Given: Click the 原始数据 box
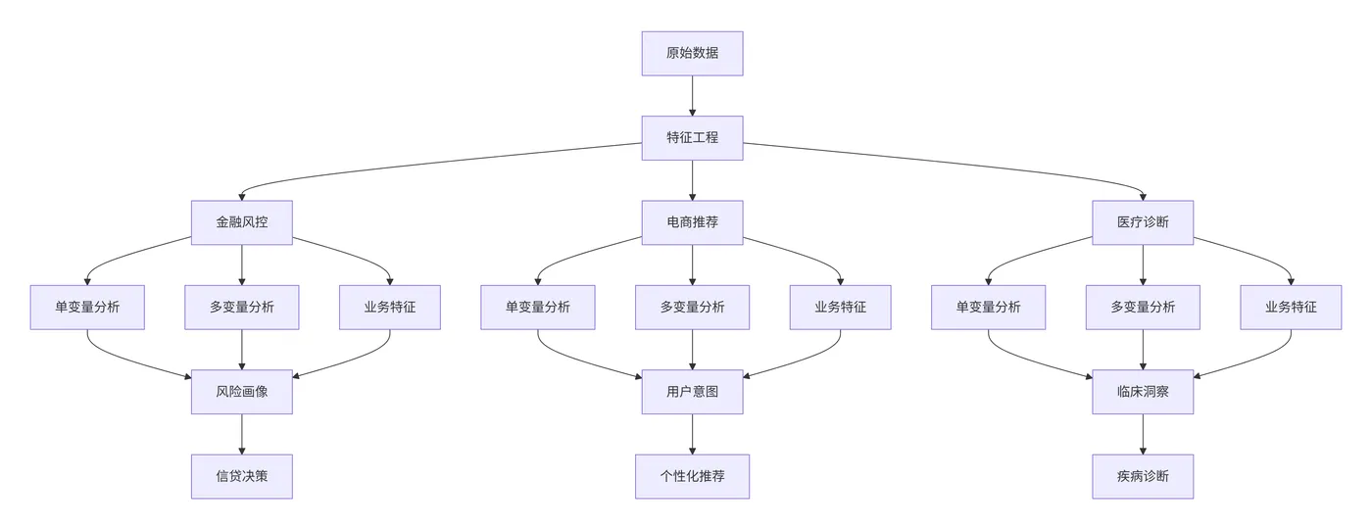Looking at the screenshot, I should tap(692, 53).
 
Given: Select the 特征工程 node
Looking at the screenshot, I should tap(692, 137).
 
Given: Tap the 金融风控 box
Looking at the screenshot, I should tap(241, 222).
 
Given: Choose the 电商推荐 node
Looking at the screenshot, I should tap(692, 222).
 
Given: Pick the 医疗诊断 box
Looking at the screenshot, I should tap(1143, 222).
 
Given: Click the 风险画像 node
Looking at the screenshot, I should tap(241, 392).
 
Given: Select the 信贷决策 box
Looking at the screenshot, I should tap(241, 476).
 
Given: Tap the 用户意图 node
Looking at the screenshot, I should tap(692, 392).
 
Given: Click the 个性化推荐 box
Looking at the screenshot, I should tap(692, 476).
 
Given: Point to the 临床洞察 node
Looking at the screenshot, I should tap(1143, 392).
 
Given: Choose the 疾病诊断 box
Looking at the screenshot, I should tap(1143, 476).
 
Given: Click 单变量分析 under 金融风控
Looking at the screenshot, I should tap(87, 307).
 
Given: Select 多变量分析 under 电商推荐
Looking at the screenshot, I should tap(692, 307).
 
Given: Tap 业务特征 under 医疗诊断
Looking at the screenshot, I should tap(1290, 307).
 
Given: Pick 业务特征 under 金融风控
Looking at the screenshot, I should tap(389, 307).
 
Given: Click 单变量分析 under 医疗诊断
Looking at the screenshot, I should tap(988, 307).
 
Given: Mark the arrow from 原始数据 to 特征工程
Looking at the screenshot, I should tap(692, 95).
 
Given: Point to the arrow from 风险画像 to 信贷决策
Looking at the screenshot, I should tap(241, 434).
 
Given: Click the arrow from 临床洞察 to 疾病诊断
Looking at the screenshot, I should tap(1143, 434).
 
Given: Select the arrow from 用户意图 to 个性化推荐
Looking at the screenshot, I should tap(692, 434).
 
